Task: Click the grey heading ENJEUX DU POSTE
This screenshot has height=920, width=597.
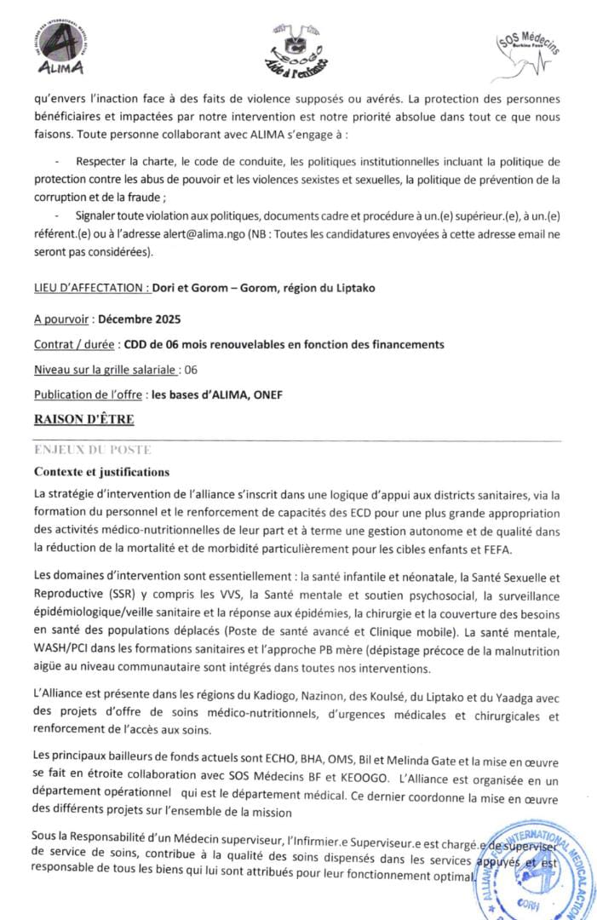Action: pyautogui.click(x=93, y=449)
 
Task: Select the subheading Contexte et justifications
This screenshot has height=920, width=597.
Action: pyautogui.click(x=102, y=472)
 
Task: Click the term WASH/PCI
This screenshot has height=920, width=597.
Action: pyautogui.click(x=65, y=652)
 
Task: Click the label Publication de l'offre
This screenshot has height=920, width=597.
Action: pyautogui.click(x=87, y=394)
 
